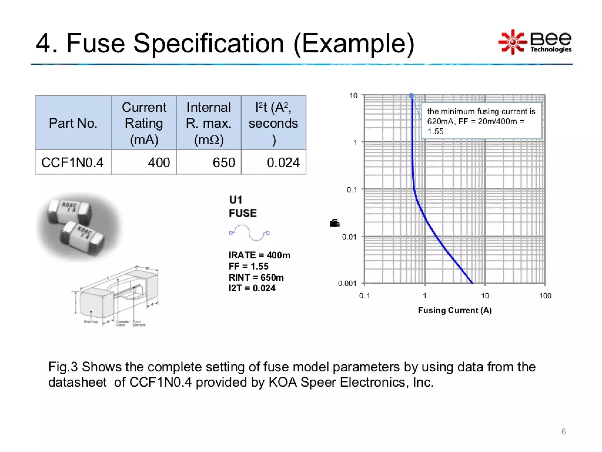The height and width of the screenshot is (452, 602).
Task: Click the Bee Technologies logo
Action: pyautogui.click(x=535, y=42)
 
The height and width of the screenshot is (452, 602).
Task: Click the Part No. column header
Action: pyautogui.click(x=73, y=123)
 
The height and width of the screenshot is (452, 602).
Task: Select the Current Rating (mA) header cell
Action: pyautogui.click(x=144, y=123)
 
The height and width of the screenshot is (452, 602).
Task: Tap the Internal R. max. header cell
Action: pyautogui.click(x=209, y=123)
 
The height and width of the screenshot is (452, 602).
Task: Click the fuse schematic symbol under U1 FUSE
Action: pyautogui.click(x=249, y=233)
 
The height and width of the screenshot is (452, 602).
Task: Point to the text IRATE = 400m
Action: pyautogui.click(x=259, y=255)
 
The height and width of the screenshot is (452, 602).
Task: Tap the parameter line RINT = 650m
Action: pyautogui.click(x=256, y=277)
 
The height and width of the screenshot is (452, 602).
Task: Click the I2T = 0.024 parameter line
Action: pyautogui.click(x=252, y=288)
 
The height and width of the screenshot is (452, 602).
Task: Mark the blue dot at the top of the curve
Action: pyautogui.click(x=412, y=95)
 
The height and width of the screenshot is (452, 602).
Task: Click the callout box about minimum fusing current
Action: pyautogui.click(x=481, y=121)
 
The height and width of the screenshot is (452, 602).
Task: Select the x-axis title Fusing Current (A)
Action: pyautogui.click(x=455, y=310)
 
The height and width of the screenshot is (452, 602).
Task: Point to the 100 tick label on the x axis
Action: pyautogui.click(x=545, y=296)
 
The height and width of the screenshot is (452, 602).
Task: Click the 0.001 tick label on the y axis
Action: pyautogui.click(x=347, y=283)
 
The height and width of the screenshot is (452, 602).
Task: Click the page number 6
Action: pyautogui.click(x=563, y=431)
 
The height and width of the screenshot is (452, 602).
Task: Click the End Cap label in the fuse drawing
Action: pyautogui.click(x=91, y=322)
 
